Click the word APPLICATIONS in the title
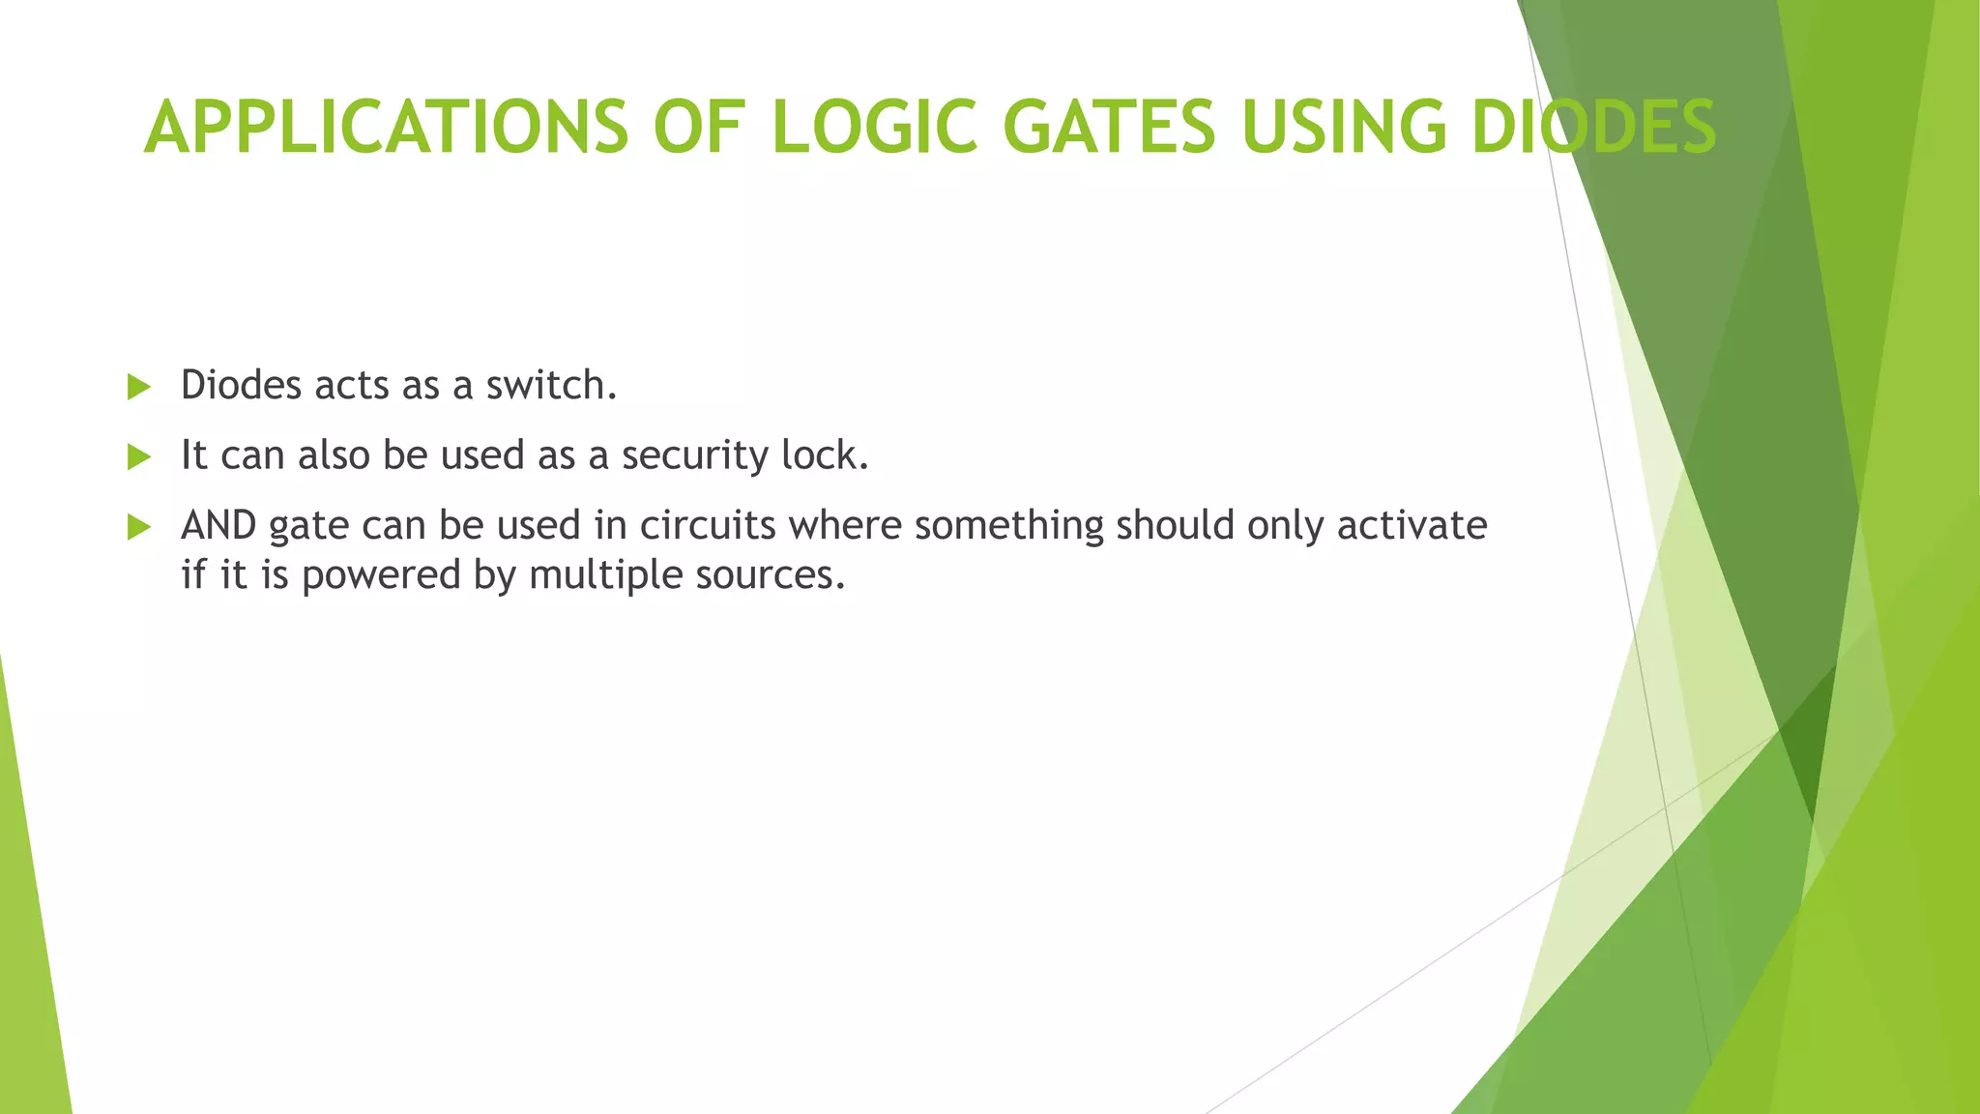click(x=386, y=128)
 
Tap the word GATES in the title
click(x=1109, y=128)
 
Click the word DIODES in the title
click(x=1593, y=128)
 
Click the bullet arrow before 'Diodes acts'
click(x=139, y=388)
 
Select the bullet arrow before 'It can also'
click(x=139, y=457)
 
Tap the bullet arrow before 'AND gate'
click(x=139, y=528)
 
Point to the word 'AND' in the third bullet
click(x=218, y=526)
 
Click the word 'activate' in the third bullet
click(x=1412, y=526)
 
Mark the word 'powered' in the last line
click(x=381, y=576)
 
